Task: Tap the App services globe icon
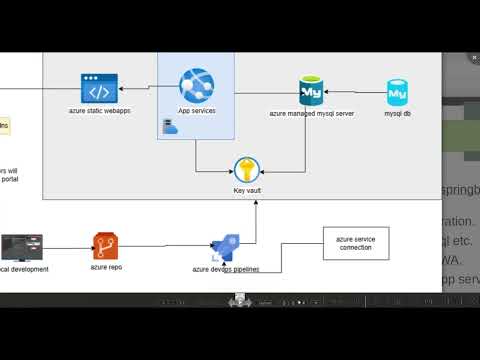196,87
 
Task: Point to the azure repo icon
105,245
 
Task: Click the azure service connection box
355,243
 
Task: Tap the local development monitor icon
22,247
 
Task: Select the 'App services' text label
196,110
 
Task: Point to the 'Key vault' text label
246,190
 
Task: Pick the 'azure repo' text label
105,268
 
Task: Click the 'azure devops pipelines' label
227,270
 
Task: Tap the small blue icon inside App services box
169,126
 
